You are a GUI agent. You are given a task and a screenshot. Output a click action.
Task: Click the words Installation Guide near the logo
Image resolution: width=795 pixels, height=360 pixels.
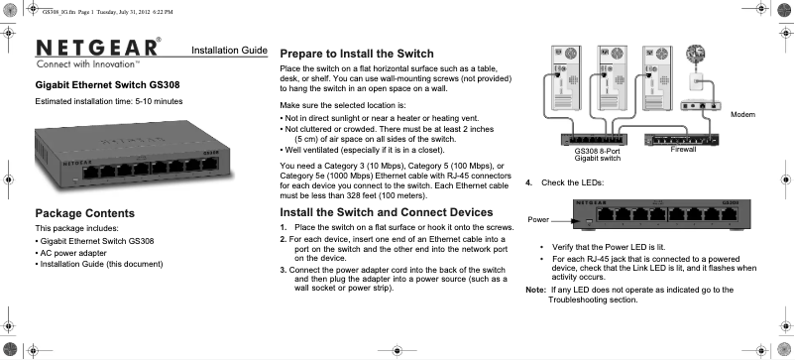pos(228,50)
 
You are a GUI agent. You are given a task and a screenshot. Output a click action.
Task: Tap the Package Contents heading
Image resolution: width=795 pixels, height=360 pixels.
pos(84,213)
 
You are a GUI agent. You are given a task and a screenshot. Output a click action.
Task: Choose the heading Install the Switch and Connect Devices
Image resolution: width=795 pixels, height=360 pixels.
pos(387,212)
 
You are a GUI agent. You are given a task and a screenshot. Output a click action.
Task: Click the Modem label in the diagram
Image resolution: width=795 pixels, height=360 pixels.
pos(743,116)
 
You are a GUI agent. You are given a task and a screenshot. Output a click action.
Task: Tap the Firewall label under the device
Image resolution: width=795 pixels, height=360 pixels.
pos(684,150)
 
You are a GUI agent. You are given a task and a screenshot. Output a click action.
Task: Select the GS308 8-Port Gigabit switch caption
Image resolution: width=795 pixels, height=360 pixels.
pos(597,155)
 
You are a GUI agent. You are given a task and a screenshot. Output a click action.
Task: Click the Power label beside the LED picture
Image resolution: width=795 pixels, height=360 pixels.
pos(538,216)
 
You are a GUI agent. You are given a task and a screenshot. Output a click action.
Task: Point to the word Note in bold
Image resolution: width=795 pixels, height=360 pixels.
pos(535,290)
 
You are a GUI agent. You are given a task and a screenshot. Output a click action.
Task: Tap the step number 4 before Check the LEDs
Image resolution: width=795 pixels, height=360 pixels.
pos(529,182)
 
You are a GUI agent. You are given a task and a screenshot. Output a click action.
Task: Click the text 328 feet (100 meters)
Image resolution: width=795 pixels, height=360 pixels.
pos(390,196)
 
